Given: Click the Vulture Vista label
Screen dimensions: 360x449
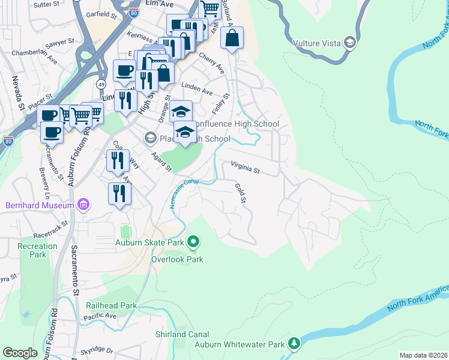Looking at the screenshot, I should [316, 43].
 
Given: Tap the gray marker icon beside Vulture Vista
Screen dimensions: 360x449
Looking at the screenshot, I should [349, 43].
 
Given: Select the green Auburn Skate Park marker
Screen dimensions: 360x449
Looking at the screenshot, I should [193, 242].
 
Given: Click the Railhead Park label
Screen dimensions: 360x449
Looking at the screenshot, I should [112, 305].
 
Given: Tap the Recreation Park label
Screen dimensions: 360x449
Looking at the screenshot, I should [37, 250].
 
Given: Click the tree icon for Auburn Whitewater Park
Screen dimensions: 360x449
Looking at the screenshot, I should [294, 343].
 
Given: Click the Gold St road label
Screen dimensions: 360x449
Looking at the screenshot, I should [241, 193].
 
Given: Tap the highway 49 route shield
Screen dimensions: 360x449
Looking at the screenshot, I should [101, 83].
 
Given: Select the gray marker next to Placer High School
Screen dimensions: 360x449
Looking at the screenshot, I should [149, 139].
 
